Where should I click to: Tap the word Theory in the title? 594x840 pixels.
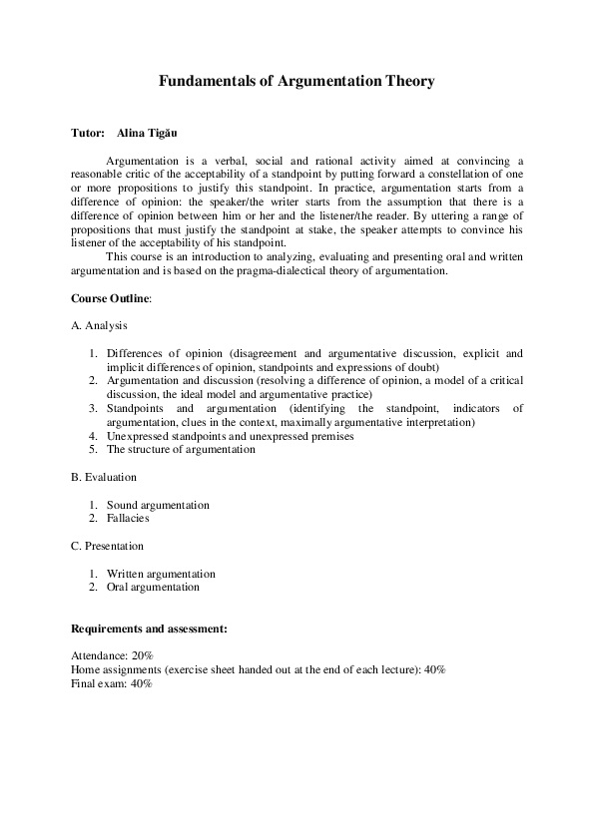[409, 82]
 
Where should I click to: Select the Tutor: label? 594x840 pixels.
[88, 133]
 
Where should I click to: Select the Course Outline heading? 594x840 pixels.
[111, 298]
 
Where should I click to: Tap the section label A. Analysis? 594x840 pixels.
[99, 325]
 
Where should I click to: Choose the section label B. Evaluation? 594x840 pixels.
[104, 478]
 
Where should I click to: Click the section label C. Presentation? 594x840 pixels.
[107, 546]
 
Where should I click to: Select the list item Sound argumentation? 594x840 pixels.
[158, 505]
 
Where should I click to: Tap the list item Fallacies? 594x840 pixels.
[128, 519]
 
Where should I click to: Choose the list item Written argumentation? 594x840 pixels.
[161, 574]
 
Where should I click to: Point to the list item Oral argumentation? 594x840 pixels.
[153, 587]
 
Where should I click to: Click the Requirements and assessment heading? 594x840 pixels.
[149, 630]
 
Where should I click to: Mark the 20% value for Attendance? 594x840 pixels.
[140, 655]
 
